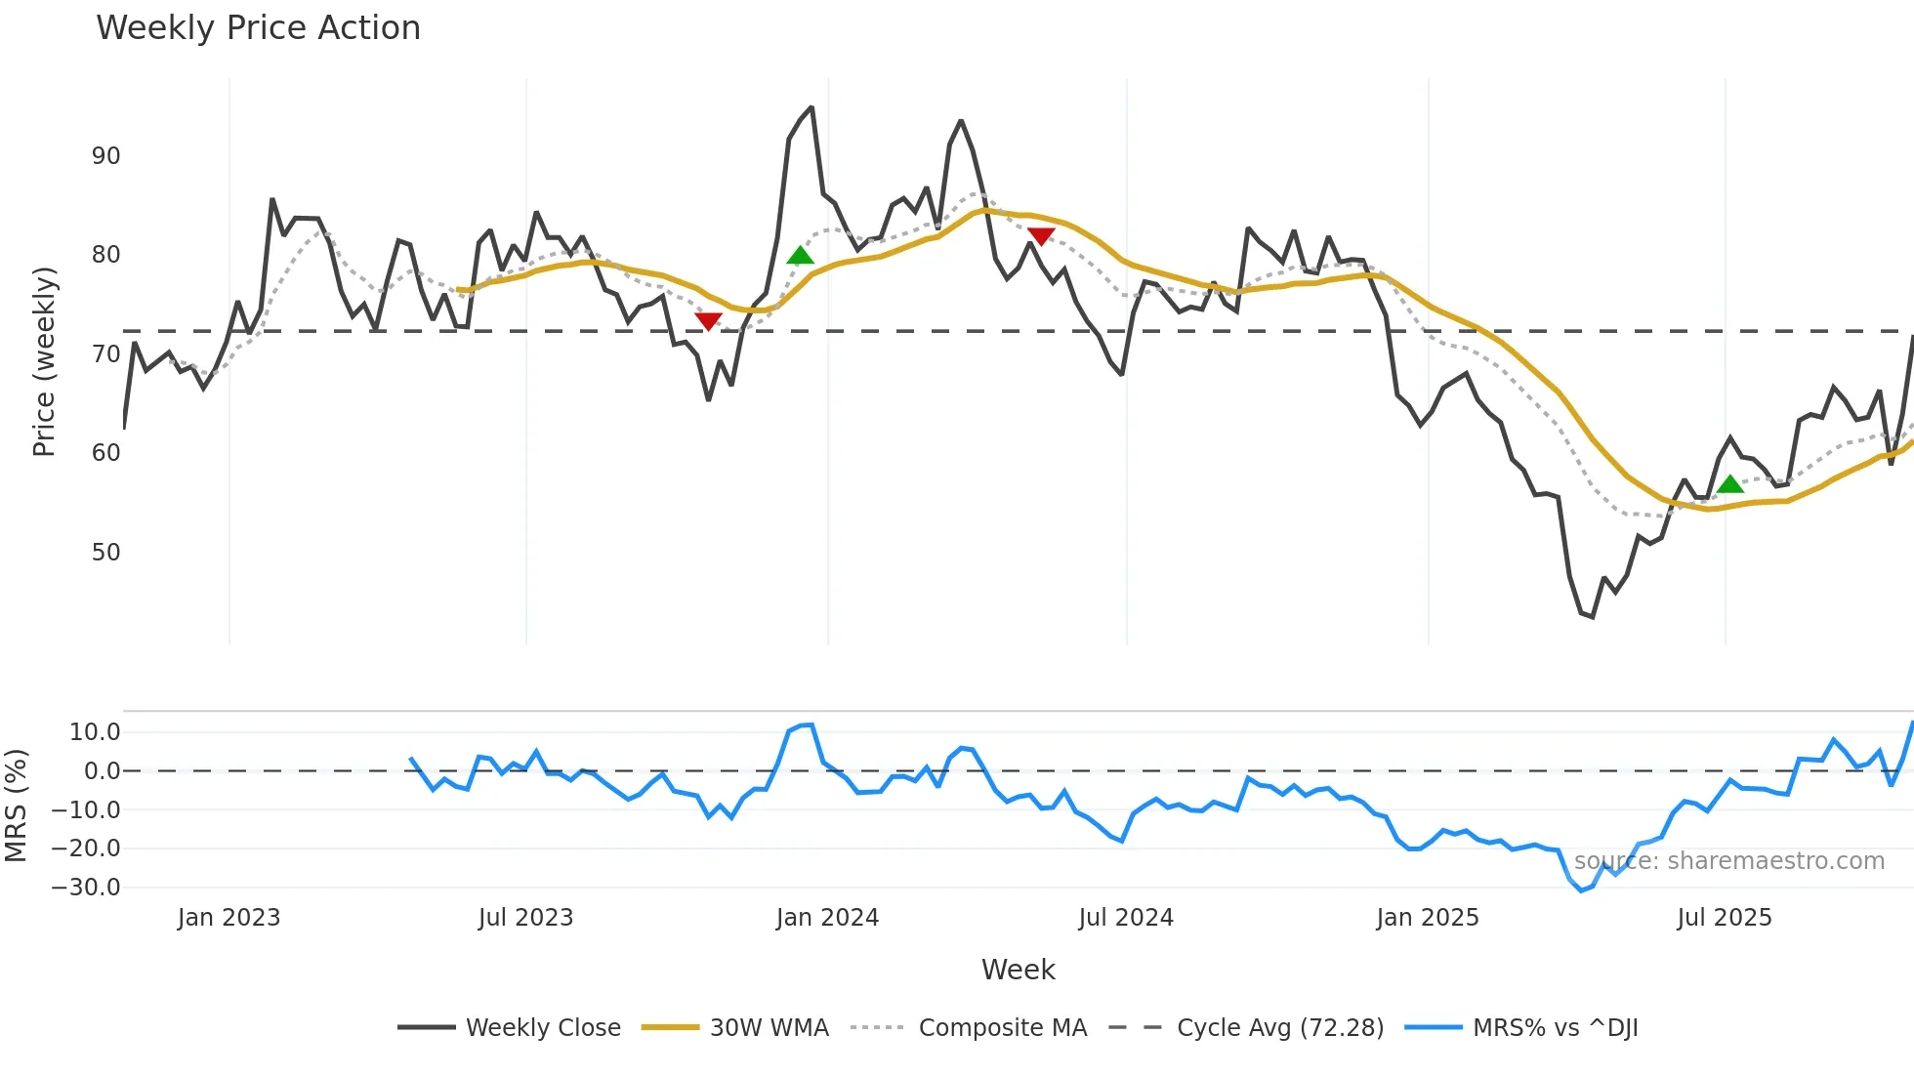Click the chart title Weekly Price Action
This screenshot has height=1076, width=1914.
[x=258, y=28]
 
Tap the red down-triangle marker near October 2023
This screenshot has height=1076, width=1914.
[x=708, y=321]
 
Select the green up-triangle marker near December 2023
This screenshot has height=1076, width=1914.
[x=800, y=256]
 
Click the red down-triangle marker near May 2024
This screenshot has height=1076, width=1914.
[x=1041, y=236]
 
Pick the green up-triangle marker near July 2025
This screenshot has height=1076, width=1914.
[x=1729, y=484]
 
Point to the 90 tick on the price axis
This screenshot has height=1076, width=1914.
[x=105, y=156]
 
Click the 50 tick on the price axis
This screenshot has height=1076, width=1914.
[x=105, y=553]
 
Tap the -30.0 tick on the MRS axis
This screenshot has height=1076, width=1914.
[x=86, y=888]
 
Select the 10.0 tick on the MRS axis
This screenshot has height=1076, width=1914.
[x=94, y=732]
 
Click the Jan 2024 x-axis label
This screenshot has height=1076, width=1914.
[x=827, y=918]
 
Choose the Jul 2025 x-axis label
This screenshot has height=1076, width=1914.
[x=1724, y=918]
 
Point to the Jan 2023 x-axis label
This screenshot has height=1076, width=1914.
[x=229, y=918]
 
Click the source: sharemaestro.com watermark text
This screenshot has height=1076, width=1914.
[x=1728, y=861]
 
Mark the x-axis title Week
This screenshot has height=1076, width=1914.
[x=1018, y=970]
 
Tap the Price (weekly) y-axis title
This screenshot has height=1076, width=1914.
[x=44, y=361]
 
